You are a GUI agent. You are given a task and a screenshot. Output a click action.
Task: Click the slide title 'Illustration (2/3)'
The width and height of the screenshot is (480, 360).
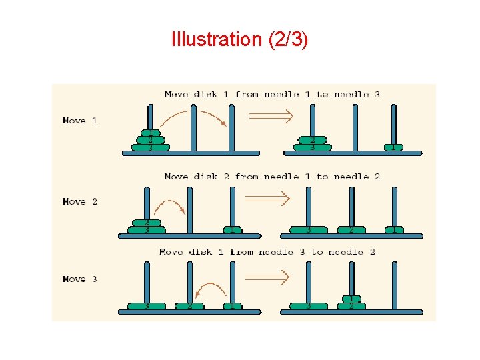click(x=239, y=39)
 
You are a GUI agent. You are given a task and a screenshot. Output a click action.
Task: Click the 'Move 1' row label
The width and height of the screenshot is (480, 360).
click(x=80, y=121)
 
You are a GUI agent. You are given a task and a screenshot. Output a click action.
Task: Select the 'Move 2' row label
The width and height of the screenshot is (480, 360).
click(x=80, y=201)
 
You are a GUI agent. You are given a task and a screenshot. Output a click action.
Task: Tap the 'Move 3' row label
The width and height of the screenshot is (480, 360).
click(x=80, y=279)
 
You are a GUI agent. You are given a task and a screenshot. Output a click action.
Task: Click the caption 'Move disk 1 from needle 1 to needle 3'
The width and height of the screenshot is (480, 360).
click(x=272, y=94)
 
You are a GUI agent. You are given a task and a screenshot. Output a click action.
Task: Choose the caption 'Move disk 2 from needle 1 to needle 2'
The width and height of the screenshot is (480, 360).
click(x=272, y=177)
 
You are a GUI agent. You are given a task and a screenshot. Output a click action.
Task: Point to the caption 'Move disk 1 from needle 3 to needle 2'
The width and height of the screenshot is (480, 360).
click(x=267, y=252)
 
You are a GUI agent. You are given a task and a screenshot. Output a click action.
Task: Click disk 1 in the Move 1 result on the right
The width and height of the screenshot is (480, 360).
click(x=393, y=147)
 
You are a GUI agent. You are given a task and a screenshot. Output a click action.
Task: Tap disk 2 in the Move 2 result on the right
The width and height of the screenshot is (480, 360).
click(x=351, y=230)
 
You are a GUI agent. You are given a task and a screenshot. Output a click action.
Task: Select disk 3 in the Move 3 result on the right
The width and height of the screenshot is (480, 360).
click(x=308, y=307)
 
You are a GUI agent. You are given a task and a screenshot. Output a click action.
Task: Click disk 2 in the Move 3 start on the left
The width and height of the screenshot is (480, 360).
click(x=190, y=307)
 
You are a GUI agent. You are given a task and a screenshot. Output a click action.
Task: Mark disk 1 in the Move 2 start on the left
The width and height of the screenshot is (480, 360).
click(x=232, y=230)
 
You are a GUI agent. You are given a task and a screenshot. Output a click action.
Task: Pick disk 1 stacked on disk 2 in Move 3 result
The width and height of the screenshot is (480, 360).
click(x=351, y=299)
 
